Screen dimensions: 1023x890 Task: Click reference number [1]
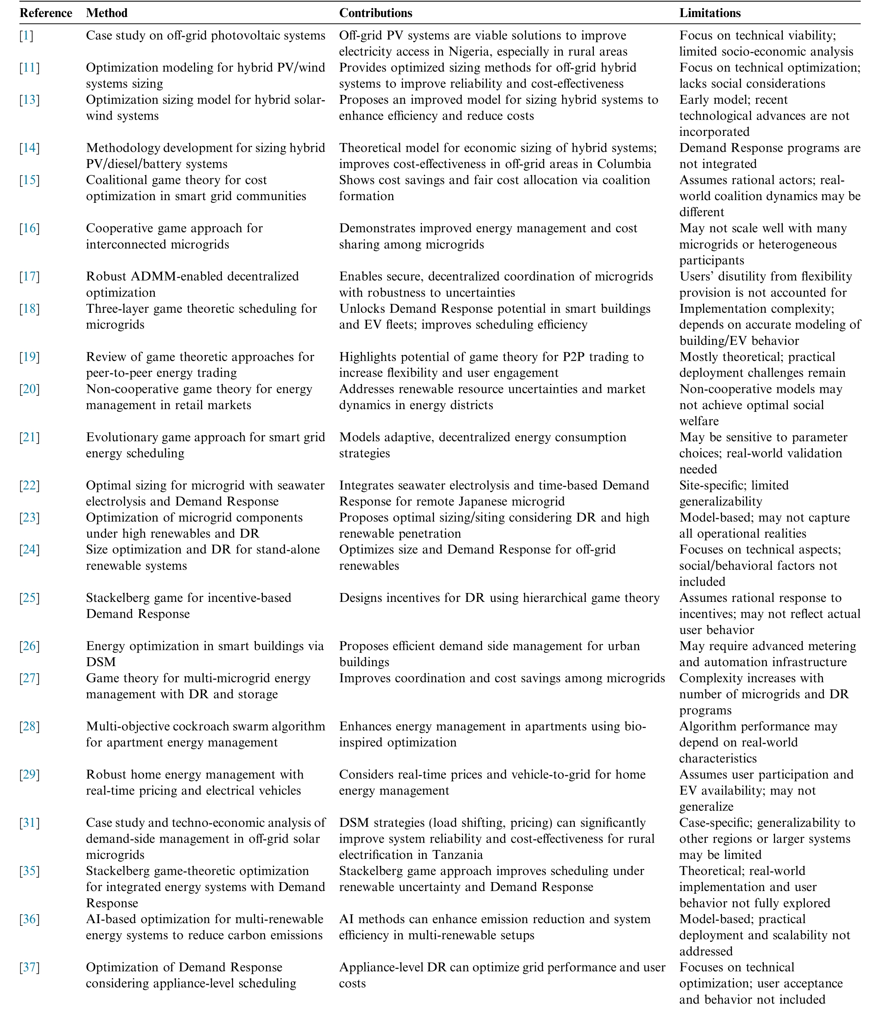(26, 36)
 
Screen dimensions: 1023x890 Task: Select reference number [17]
(29, 277)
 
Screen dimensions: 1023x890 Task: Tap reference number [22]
(29, 485)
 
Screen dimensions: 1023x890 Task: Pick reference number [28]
(29, 727)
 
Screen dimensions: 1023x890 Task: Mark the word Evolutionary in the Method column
(125, 437)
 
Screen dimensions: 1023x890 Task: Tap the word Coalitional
(119, 180)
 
